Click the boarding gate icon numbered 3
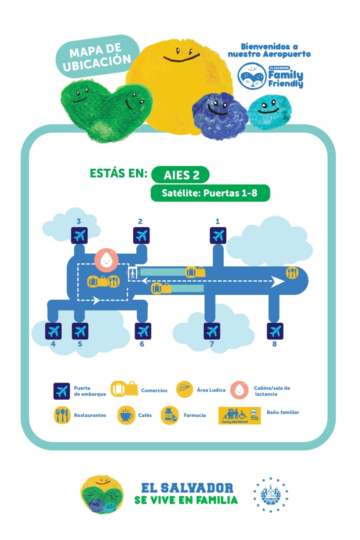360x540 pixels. pos(80,235)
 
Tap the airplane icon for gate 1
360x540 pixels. pos(218,235)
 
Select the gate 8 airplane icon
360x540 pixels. pos(275,331)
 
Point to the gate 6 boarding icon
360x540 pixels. pos(143,331)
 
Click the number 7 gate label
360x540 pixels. pos(211,344)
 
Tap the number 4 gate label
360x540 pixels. pos(53,344)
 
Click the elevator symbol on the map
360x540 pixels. pos(133,273)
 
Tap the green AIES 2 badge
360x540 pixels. pos(180,174)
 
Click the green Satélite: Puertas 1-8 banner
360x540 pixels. pos(210,193)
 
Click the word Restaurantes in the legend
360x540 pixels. pos(90,415)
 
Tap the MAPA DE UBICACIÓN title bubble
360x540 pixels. pos(97,56)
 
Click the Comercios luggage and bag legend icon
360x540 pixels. pos(125,389)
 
